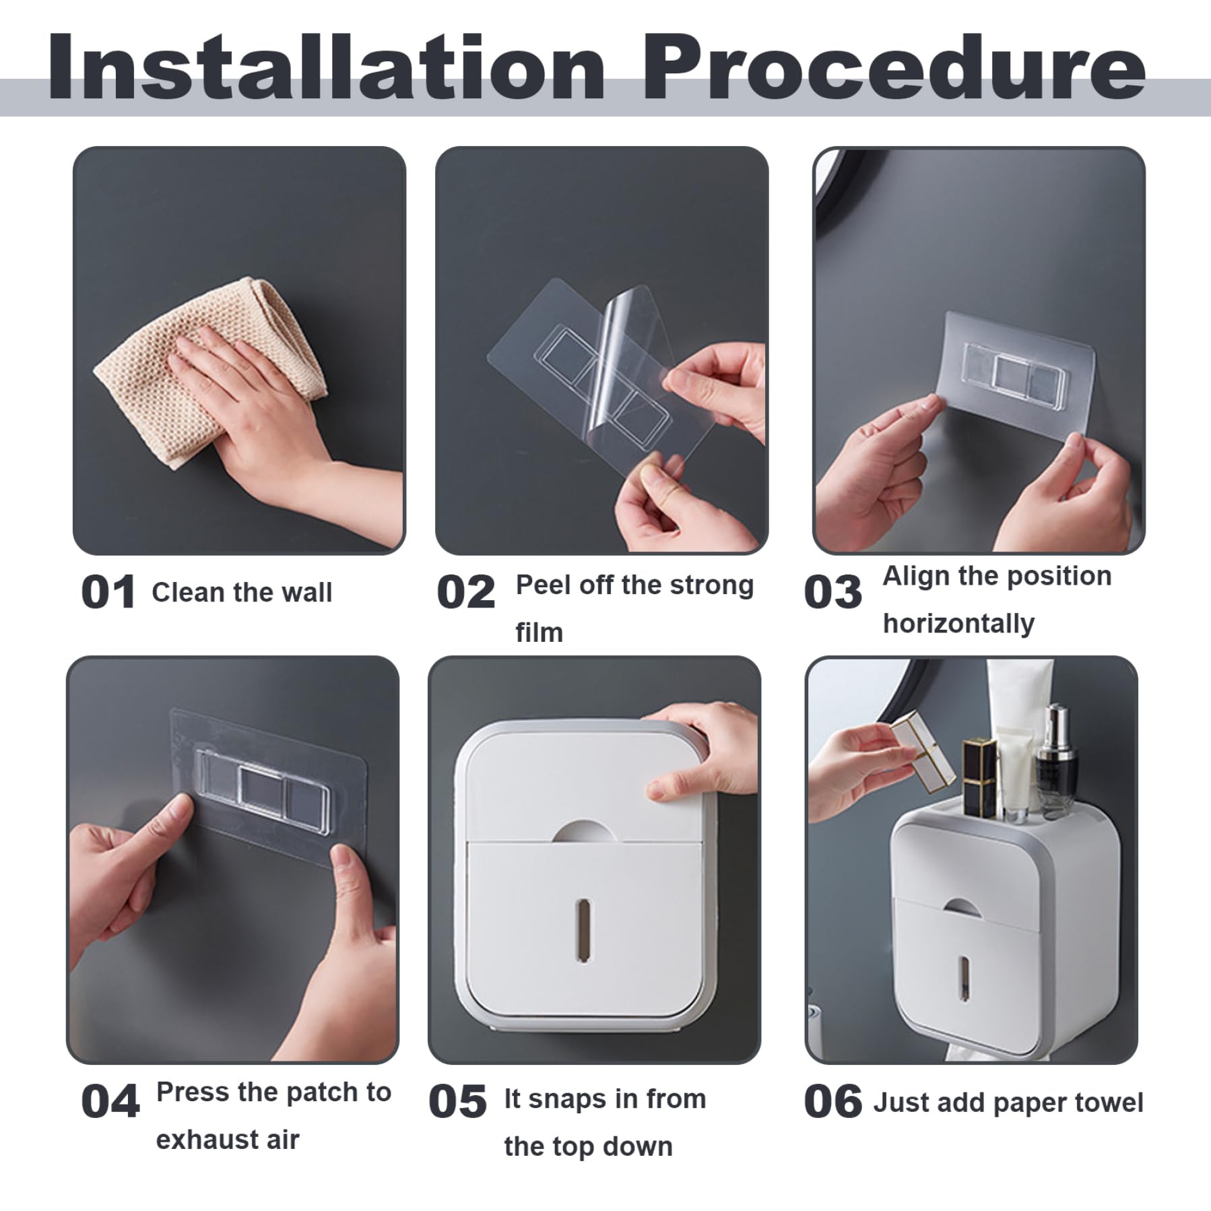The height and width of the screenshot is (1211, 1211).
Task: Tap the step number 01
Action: click(x=108, y=592)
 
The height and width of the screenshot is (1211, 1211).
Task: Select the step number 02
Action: click(x=465, y=592)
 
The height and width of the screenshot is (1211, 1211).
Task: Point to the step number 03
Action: click(x=832, y=592)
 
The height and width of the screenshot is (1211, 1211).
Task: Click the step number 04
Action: click(x=110, y=1103)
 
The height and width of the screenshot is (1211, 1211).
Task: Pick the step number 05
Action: click(x=457, y=1103)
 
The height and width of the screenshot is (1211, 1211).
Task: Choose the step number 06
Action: click(x=832, y=1103)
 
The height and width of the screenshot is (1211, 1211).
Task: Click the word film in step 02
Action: click(x=539, y=632)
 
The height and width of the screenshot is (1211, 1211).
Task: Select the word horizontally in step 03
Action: click(x=958, y=624)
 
